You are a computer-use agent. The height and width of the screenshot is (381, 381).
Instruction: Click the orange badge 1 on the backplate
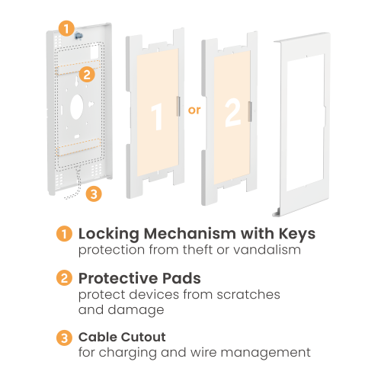(66, 28)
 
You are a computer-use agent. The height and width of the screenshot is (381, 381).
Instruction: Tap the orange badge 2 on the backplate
(87, 75)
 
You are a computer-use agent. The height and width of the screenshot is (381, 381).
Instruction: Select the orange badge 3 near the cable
(94, 194)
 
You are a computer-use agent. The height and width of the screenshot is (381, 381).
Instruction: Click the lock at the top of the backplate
(78, 36)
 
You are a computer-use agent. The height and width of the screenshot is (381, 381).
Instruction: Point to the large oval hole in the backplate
(77, 107)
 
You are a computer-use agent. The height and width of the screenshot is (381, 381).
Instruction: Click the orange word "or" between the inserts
(194, 110)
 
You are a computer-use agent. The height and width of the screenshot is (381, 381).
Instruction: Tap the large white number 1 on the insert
(157, 117)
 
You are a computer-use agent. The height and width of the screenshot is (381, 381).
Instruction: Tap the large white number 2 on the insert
(233, 113)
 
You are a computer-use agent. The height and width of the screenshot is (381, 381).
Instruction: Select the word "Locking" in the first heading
(109, 234)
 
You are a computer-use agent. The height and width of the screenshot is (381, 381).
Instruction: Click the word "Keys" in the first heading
(297, 234)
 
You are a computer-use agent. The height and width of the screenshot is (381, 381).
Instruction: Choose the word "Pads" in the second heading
(181, 278)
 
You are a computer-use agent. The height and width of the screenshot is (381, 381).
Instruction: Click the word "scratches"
(248, 295)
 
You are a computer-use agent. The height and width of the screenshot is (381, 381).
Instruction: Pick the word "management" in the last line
(265, 354)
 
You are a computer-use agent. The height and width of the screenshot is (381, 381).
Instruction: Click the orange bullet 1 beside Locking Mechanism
(64, 234)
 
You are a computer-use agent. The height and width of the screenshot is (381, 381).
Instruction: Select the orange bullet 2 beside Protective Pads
(64, 277)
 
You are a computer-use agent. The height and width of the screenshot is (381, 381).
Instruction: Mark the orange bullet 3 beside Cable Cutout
(64, 338)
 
